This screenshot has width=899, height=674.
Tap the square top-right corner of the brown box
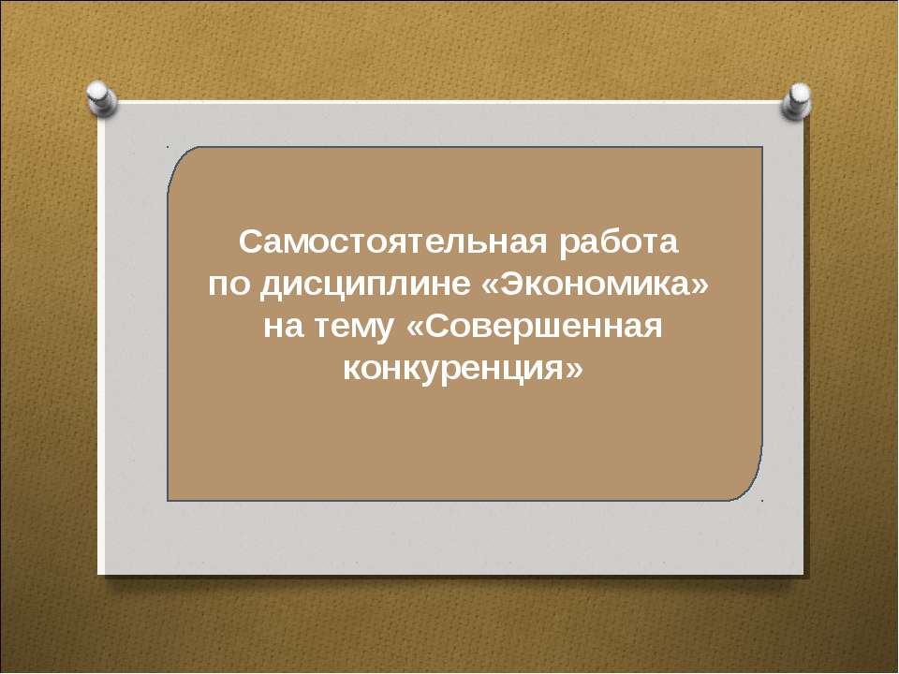(761, 148)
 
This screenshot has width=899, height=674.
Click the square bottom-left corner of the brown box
(169, 500)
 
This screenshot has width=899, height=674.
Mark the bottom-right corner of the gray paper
(804, 572)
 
